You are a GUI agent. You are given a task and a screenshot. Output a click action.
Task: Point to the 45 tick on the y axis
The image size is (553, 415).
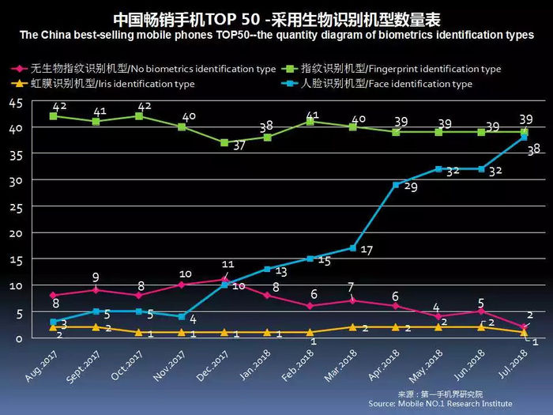point(15,102)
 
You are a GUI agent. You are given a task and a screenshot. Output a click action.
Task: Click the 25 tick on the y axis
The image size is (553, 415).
point(15,206)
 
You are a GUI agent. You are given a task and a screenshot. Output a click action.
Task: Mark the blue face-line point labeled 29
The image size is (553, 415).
point(395,184)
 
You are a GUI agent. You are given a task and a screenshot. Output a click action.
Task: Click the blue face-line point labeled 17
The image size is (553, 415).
point(352,248)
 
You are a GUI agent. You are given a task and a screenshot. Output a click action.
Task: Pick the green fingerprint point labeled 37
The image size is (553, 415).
point(224,143)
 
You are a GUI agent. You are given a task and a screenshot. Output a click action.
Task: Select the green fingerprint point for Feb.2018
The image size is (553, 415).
point(310,122)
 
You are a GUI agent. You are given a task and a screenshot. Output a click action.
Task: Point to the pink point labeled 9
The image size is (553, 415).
point(96,289)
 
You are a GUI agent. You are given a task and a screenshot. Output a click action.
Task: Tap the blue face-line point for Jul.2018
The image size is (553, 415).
point(524,138)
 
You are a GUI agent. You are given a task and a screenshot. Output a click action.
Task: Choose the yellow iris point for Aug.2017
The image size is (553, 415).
point(53,326)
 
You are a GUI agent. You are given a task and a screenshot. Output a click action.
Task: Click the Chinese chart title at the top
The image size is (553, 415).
point(276,18)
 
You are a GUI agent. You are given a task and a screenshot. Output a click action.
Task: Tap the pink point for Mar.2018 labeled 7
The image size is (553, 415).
point(352,300)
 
